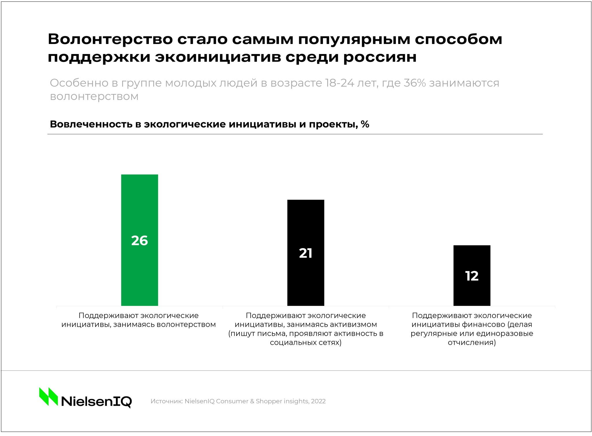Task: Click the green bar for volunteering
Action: click(x=139, y=202)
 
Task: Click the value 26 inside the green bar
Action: click(x=139, y=241)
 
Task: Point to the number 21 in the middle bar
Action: click(x=306, y=253)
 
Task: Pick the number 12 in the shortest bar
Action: click(x=472, y=276)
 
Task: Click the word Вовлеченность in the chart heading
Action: click(x=91, y=124)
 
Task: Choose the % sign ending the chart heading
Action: click(x=365, y=124)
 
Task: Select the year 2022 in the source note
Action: click(x=318, y=401)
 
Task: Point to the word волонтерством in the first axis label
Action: click(x=186, y=325)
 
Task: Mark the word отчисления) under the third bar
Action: click(x=472, y=343)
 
